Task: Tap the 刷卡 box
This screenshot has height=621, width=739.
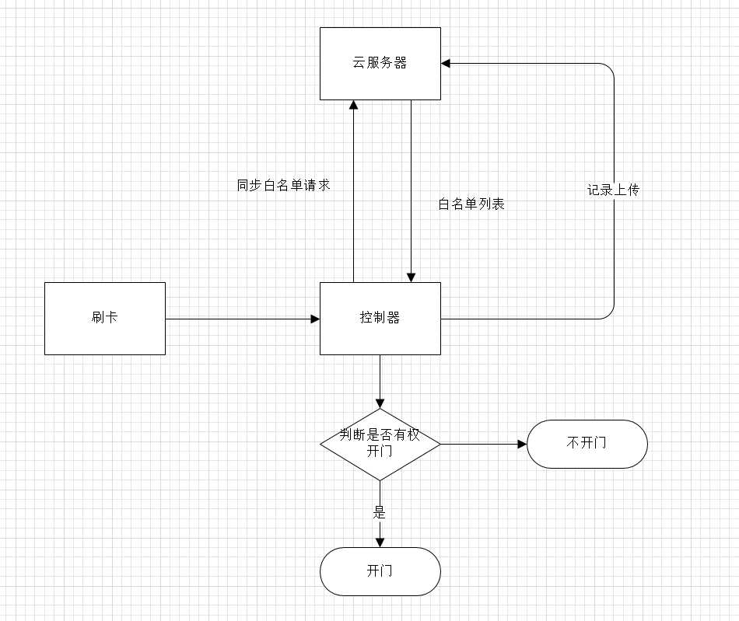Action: click(105, 319)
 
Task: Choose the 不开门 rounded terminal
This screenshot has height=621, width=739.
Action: click(587, 444)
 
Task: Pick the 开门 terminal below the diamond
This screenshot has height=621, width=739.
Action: click(380, 571)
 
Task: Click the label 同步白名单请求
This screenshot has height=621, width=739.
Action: click(284, 186)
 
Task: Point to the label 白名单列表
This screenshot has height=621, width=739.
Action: click(471, 204)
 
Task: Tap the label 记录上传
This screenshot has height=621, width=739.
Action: click(614, 190)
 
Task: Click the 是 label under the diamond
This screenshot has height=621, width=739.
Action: click(380, 512)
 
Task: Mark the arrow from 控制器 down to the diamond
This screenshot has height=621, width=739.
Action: click(380, 382)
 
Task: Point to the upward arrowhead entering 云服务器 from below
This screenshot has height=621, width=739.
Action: click(353, 105)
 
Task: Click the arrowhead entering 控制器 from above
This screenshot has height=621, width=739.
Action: click(411, 277)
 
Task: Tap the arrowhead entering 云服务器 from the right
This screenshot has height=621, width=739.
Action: click(446, 63)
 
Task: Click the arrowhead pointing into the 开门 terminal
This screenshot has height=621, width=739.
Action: click(380, 543)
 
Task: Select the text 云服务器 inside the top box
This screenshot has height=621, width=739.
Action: click(380, 63)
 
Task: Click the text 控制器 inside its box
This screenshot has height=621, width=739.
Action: click(380, 318)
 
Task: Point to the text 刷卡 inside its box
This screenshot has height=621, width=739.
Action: click(105, 318)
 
